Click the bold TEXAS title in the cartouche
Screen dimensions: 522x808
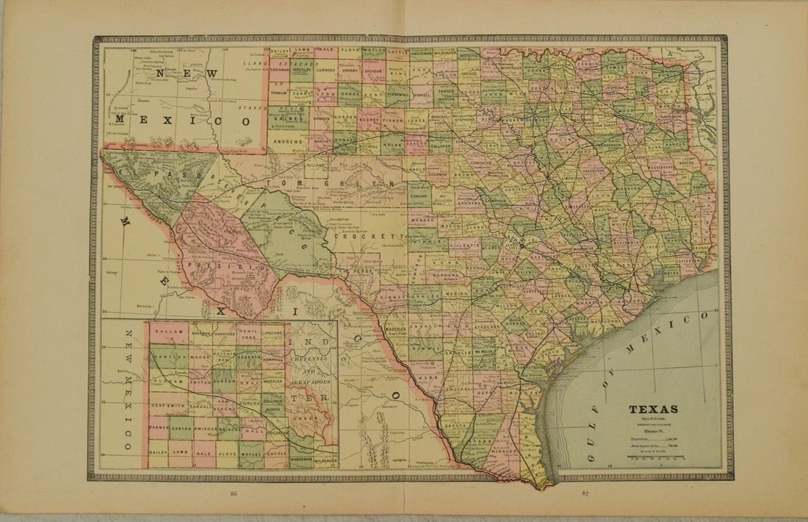pyautogui.click(x=653, y=410)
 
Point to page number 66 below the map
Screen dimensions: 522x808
pyautogui.click(x=234, y=493)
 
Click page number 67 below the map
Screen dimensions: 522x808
pyautogui.click(x=585, y=493)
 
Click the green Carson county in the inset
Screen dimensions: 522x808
pyautogui.click(x=224, y=382)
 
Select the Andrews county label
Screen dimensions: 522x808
pyautogui.click(x=289, y=140)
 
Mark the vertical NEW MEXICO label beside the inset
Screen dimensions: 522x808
pyautogui.click(x=126, y=390)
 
